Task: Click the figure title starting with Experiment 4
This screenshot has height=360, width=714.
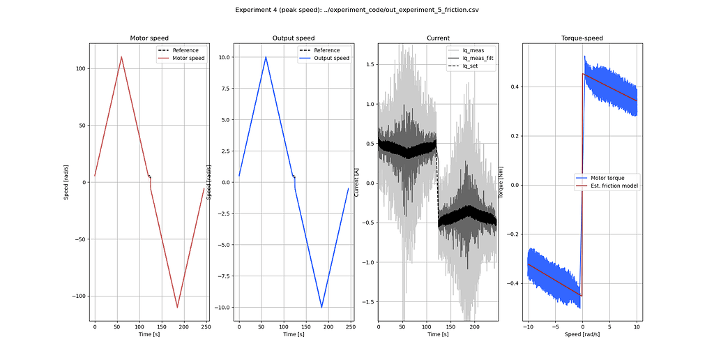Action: pyautogui.click(x=357, y=10)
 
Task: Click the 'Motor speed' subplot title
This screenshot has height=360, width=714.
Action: pyautogui.click(x=149, y=38)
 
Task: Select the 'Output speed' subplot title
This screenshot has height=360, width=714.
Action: pyautogui.click(x=294, y=38)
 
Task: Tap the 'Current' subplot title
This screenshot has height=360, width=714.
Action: pyautogui.click(x=438, y=38)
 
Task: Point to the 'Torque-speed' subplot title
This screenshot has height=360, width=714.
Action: pyautogui.click(x=582, y=38)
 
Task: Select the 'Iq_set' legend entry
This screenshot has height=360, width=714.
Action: pyautogui.click(x=462, y=66)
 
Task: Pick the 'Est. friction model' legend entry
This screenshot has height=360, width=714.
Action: pyautogui.click(x=607, y=186)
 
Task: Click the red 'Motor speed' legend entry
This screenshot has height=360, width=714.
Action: pyautogui.click(x=181, y=59)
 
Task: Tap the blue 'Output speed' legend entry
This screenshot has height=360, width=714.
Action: pyautogui.click(x=324, y=59)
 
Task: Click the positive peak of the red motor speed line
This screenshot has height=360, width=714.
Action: pyautogui.click(x=121, y=57)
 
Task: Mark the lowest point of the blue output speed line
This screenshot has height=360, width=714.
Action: pyautogui.click(x=321, y=308)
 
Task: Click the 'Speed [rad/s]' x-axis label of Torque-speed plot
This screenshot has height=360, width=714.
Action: pyautogui.click(x=582, y=334)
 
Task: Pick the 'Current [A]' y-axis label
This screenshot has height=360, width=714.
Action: pyautogui.click(x=357, y=182)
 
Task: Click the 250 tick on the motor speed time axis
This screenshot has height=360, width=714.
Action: pyautogui.click(x=206, y=327)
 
